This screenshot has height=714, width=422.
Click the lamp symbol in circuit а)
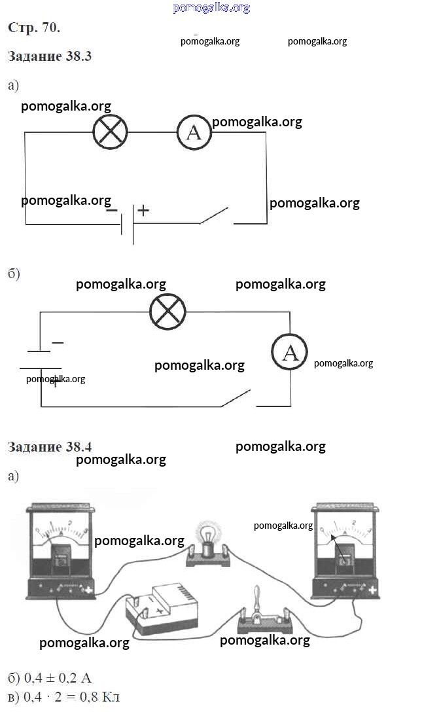(110, 132)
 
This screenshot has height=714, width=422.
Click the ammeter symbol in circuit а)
(194, 132)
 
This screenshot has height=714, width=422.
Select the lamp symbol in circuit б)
(167, 312)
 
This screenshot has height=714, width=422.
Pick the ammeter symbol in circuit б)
(290, 354)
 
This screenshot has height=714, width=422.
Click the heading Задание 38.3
(50, 56)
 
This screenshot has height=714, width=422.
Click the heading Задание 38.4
(50, 447)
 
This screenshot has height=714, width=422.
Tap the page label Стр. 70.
(34, 27)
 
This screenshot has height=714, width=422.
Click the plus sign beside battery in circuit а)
(143, 211)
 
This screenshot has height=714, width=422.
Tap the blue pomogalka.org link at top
(211, 8)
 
